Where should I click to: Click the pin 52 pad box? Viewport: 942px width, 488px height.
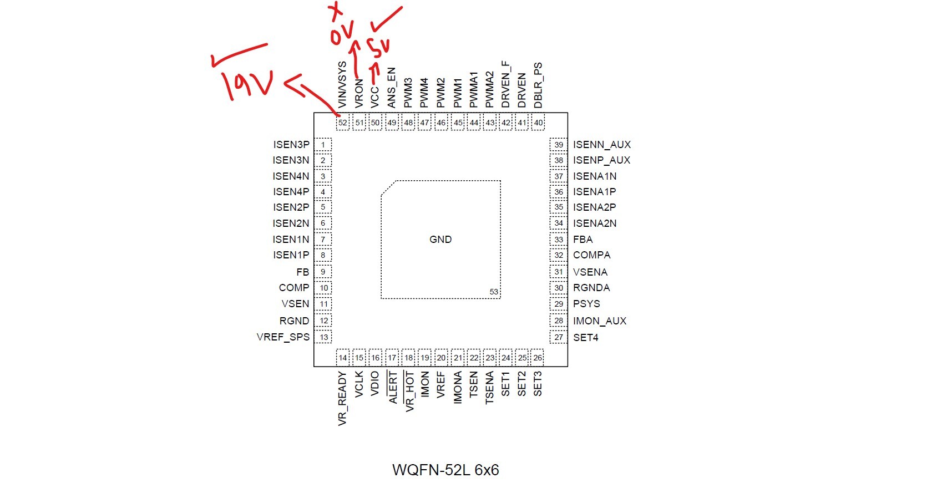[x=343, y=123]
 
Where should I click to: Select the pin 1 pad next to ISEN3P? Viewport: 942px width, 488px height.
[x=323, y=145]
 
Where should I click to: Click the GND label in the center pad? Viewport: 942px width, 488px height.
[x=440, y=240]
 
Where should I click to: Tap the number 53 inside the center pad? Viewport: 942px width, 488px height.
[x=494, y=292]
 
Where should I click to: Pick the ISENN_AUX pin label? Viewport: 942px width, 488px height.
[x=602, y=145]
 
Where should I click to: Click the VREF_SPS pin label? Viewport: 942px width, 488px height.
[x=283, y=337]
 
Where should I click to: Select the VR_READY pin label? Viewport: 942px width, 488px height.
[x=342, y=399]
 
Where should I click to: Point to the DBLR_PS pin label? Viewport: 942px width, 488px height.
[x=538, y=85]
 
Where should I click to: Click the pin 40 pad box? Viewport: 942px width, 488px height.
[x=538, y=123]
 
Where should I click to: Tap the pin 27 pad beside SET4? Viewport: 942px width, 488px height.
[x=559, y=337]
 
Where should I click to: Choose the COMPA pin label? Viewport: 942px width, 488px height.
[x=591, y=255]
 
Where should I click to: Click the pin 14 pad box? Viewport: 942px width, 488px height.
[x=343, y=358]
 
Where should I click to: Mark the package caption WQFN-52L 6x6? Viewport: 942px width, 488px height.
[x=445, y=470]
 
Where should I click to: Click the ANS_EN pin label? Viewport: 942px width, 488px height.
[x=392, y=88]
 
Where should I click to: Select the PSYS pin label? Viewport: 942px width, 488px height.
[x=586, y=304]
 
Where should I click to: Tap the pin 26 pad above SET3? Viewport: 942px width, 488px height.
[x=538, y=358]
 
